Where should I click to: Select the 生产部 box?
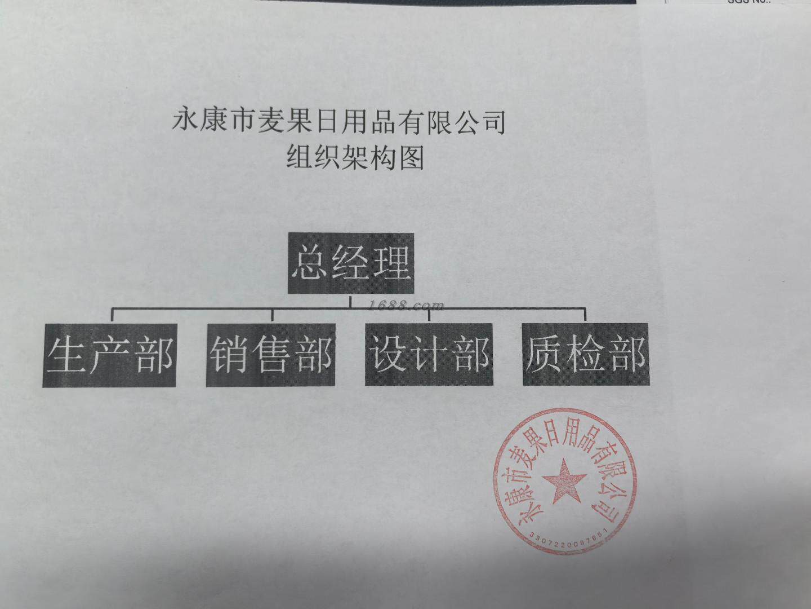pos(109,355)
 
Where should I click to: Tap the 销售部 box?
pos(271,355)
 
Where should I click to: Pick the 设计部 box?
pos(429,355)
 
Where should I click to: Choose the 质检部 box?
pos(585,354)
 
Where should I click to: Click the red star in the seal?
pos(564,481)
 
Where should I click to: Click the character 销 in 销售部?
pos(230,355)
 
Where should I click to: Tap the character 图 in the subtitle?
pos(411,157)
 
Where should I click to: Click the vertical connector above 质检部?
pos(586,315)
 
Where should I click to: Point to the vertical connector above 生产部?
pos(113,315)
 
